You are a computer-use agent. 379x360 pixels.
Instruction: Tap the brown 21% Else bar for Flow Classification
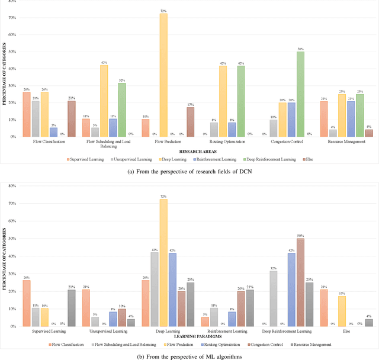click(72, 118)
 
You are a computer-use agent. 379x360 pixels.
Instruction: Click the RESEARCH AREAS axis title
click(193, 151)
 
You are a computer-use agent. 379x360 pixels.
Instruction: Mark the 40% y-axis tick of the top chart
click(12, 69)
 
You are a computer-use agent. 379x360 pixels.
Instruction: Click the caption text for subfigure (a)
click(189, 171)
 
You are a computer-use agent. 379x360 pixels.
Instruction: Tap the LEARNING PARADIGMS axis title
click(193, 336)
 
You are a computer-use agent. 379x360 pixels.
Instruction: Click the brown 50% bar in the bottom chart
click(300, 282)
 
